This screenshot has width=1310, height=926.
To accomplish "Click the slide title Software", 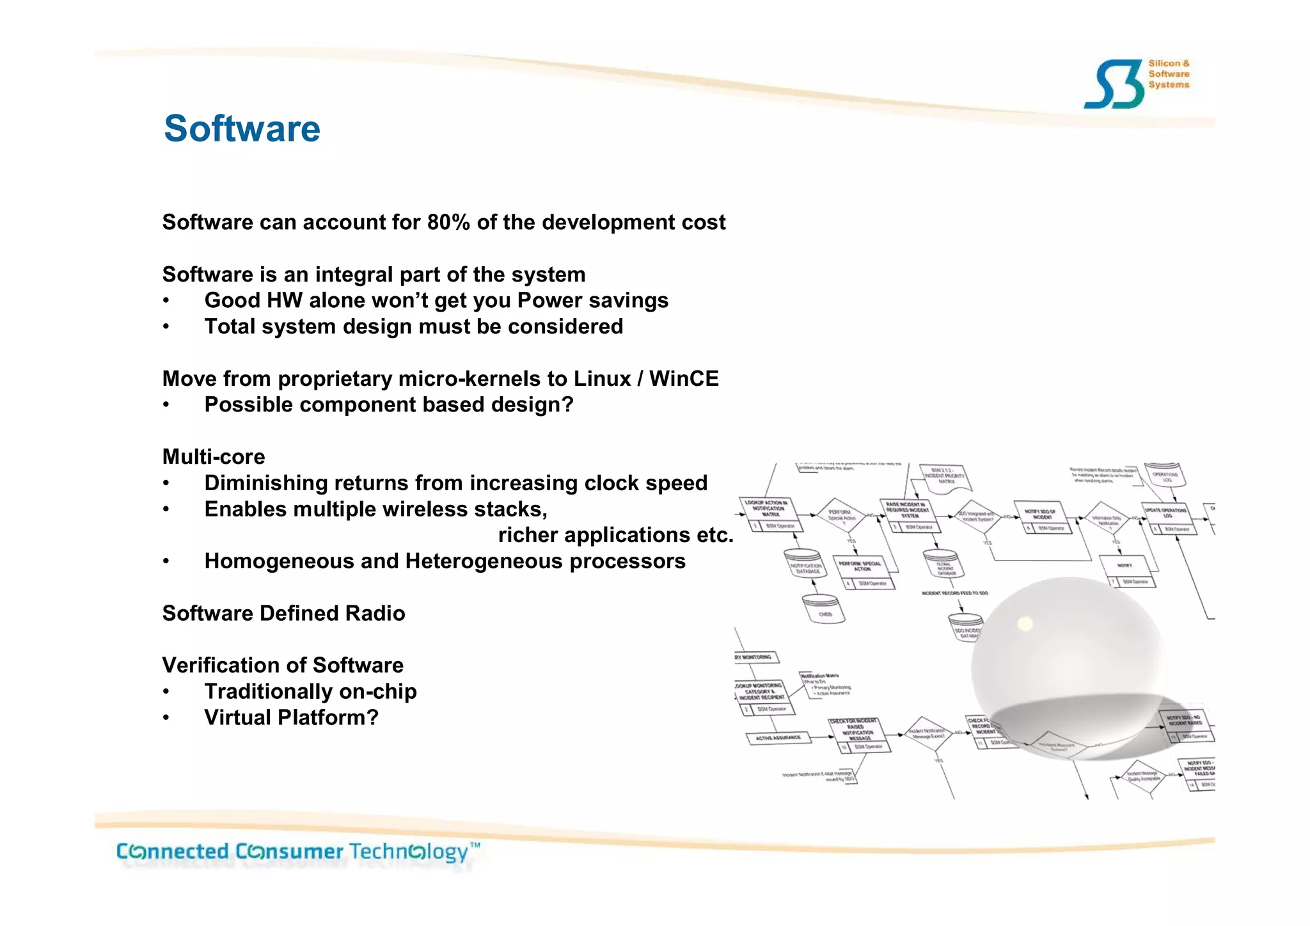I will click(242, 129).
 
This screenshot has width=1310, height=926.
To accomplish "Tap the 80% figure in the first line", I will click(448, 222).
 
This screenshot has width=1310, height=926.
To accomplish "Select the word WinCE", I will click(684, 378).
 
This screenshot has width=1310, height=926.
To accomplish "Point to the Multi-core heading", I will click(213, 456).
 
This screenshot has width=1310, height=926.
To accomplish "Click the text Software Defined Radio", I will click(283, 613).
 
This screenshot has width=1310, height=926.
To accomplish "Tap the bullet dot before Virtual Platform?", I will click(166, 718).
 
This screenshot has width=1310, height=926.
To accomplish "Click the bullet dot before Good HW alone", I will click(166, 301).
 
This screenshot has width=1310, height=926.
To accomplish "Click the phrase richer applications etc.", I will click(615, 535).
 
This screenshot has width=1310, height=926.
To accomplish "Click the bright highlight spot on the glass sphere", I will click(1025, 623).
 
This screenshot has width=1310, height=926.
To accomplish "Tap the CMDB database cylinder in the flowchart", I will click(823, 609).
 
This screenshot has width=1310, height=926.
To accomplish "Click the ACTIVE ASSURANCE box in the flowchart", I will click(778, 738).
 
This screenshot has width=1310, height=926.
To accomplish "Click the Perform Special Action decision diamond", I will click(841, 515).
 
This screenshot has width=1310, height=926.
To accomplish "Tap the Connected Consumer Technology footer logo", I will click(297, 852).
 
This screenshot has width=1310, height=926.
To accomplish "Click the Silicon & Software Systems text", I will click(1169, 74).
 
